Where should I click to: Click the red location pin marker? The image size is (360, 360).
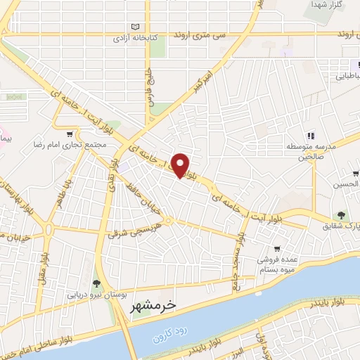tap(181, 165)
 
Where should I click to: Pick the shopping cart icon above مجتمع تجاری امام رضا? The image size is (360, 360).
tap(69, 134)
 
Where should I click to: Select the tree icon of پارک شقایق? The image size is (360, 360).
tap(340, 216)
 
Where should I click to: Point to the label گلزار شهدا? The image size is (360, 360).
tap(327, 5)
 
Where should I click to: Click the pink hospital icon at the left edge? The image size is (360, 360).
tap(3, 133)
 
